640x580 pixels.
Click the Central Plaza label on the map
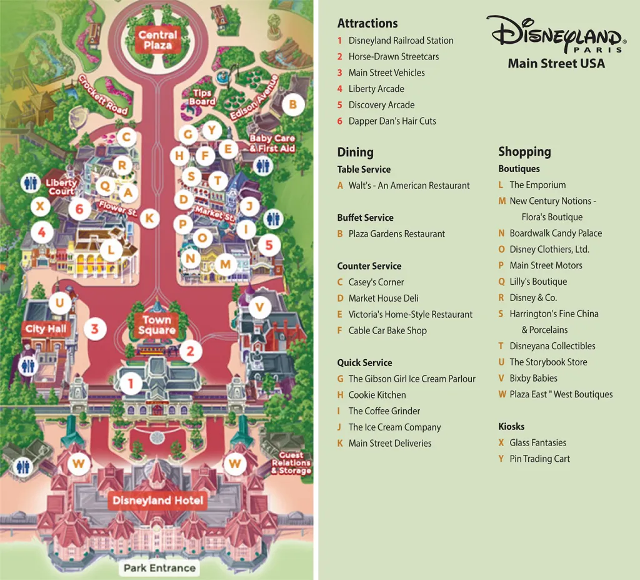(x=157, y=40)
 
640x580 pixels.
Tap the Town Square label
(x=157, y=325)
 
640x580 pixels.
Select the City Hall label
(x=46, y=329)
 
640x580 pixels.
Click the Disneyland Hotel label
(x=157, y=501)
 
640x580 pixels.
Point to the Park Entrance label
(x=159, y=568)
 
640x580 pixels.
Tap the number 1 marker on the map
(x=131, y=383)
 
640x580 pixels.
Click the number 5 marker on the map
(x=269, y=245)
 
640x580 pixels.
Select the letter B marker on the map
(x=292, y=104)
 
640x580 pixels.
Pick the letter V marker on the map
(x=259, y=307)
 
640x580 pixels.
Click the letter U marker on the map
(x=59, y=304)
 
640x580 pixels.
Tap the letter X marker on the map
(x=41, y=206)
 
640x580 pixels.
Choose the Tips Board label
(x=202, y=98)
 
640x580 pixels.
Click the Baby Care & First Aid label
(x=272, y=143)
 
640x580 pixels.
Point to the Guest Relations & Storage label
(x=291, y=463)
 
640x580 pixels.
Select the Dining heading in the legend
(x=355, y=152)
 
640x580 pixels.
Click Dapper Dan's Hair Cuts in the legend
(x=392, y=121)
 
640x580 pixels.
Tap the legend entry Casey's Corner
(x=376, y=282)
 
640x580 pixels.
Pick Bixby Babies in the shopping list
(x=533, y=378)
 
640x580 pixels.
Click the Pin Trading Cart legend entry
(x=539, y=459)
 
